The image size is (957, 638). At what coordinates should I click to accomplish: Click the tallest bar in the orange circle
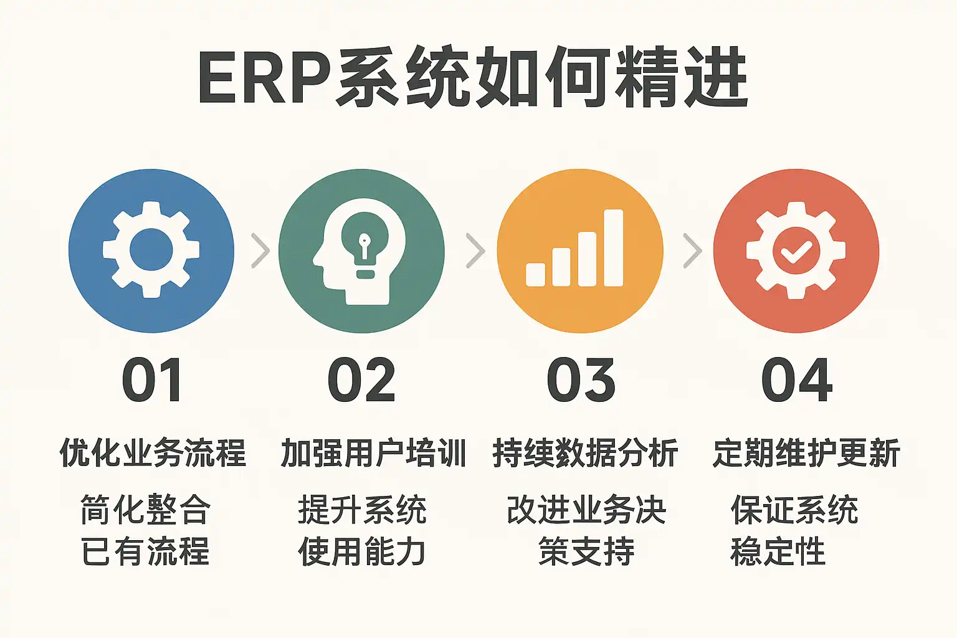pos(613,248)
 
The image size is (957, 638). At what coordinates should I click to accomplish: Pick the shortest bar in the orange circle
pos(535,274)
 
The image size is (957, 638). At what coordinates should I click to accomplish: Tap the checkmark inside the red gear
pos(796,252)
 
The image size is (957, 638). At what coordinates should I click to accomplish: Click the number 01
pos(151,380)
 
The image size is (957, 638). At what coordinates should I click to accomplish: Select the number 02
pos(361,380)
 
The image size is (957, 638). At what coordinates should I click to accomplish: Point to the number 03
pos(581,380)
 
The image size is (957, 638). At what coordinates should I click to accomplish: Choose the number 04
pos(797,380)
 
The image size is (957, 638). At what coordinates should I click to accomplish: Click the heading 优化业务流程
pos(153,452)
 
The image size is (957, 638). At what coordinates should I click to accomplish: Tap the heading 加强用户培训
pos(373,452)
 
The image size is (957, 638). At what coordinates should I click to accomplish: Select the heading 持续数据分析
pos(585,452)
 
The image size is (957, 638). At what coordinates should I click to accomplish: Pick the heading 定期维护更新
pos(806,452)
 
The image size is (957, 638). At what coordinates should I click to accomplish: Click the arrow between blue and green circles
pos(260,251)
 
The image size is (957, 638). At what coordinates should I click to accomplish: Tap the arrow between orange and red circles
pos(693,251)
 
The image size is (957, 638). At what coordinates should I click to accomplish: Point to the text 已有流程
pos(145,551)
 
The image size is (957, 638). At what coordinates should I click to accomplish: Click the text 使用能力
pos(362,551)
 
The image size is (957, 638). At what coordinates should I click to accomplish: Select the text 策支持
pos(586,551)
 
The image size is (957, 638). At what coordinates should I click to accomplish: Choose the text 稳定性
pos(778,551)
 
